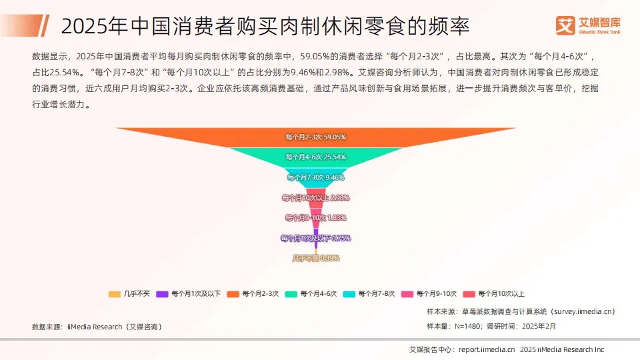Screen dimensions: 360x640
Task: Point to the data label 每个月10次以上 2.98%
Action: click(x=315, y=197)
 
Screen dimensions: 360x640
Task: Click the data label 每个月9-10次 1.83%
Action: click(x=315, y=217)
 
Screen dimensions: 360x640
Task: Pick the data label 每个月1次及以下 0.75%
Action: click(x=315, y=238)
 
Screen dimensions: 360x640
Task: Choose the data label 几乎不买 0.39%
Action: click(x=315, y=258)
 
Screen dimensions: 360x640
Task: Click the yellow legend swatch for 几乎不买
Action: click(x=114, y=293)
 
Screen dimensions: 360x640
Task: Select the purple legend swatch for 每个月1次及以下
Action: click(x=162, y=293)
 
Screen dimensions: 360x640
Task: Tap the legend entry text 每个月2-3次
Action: click(x=261, y=293)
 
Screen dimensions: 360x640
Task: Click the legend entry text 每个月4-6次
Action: click(x=319, y=293)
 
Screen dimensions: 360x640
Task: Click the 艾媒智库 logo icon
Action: click(x=566, y=25)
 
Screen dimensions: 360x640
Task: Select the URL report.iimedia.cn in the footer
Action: click(x=487, y=349)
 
